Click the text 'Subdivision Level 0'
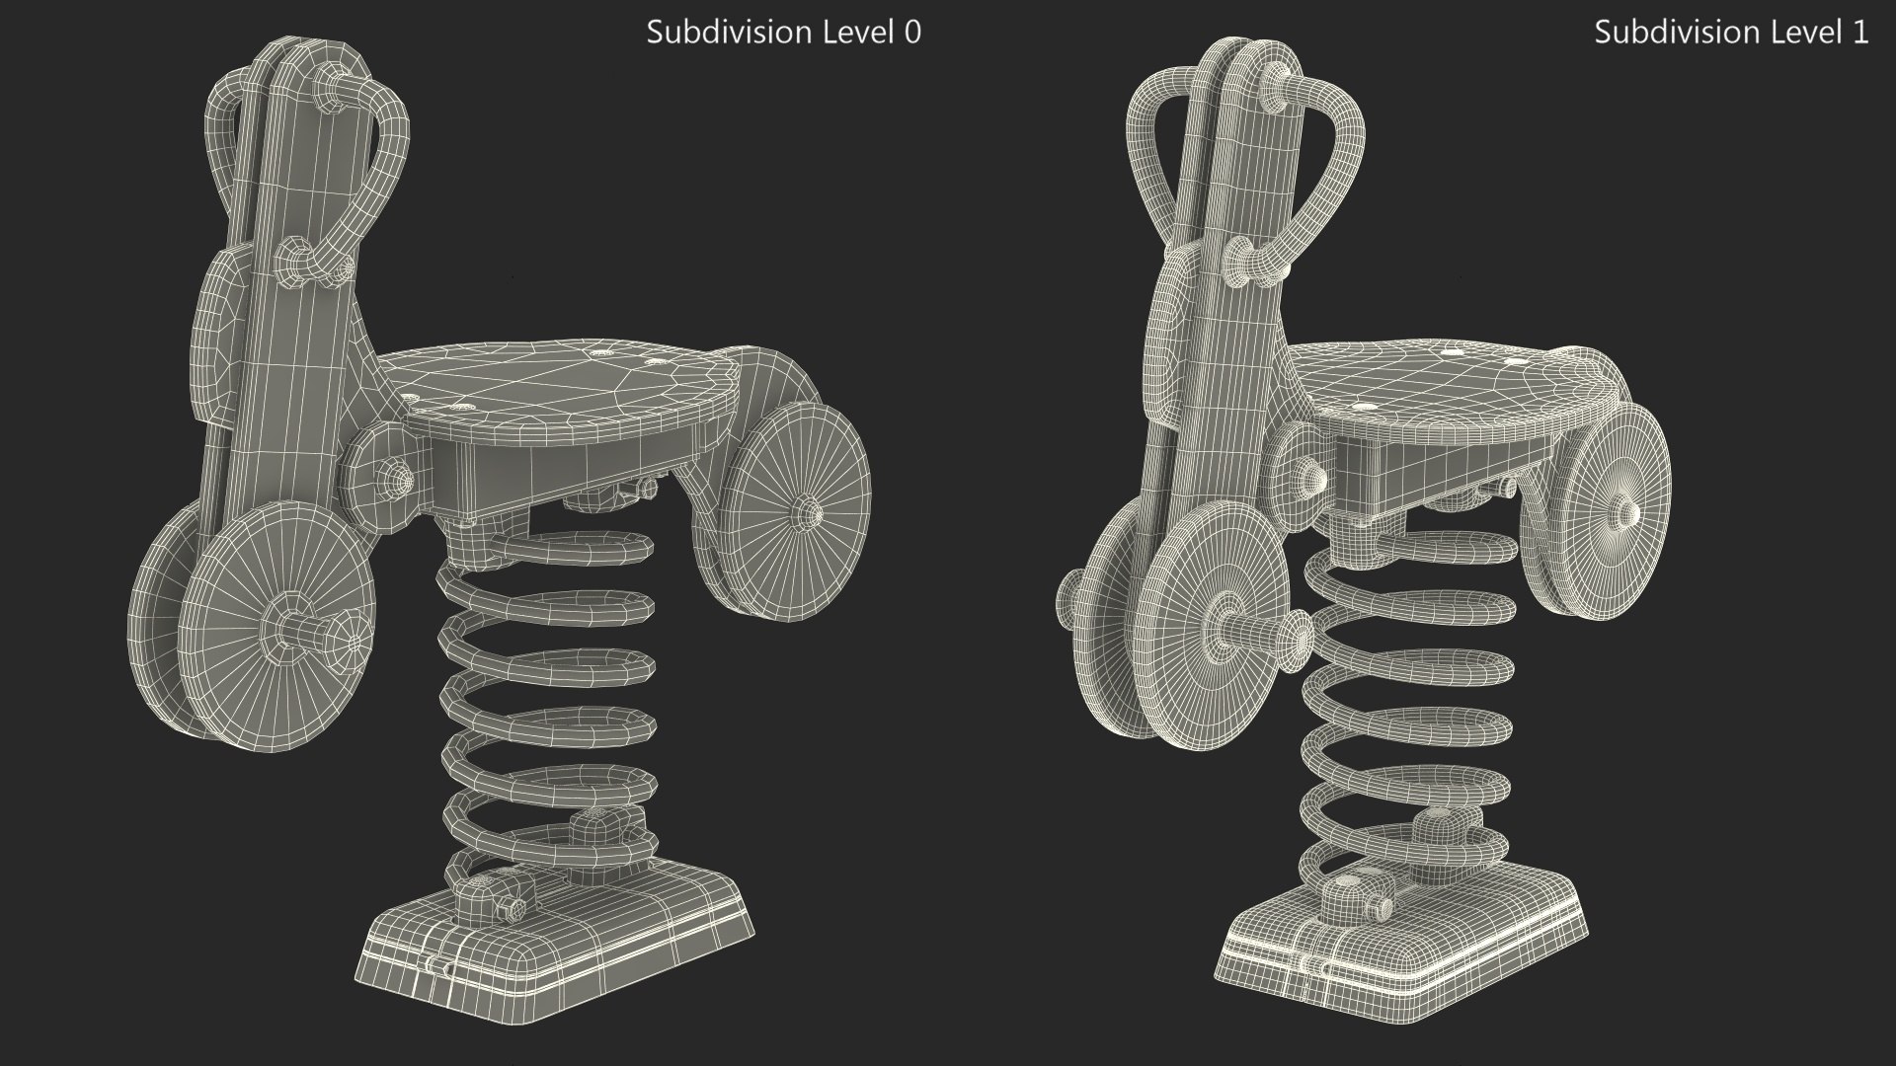(x=783, y=33)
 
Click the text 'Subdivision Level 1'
(x=1731, y=33)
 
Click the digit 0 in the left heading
(x=912, y=33)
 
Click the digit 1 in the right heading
(x=1860, y=33)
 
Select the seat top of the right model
(x=1442, y=380)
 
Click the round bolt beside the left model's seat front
(x=395, y=479)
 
